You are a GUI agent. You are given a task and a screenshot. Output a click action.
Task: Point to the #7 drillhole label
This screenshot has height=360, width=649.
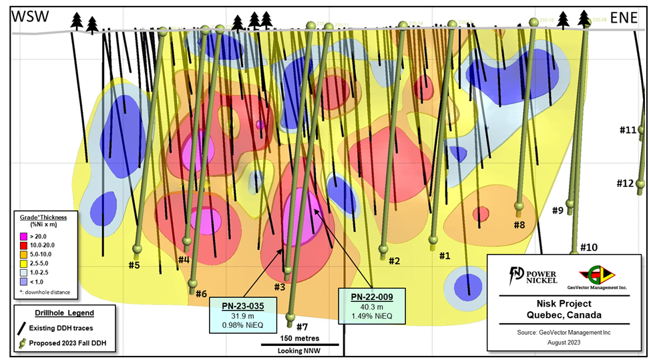coord(302,327)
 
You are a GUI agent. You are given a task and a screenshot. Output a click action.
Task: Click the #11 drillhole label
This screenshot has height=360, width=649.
coord(627,130)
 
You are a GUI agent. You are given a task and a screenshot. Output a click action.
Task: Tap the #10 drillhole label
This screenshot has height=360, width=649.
coord(588,248)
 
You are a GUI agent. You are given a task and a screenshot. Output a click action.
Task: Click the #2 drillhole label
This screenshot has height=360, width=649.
coord(394,260)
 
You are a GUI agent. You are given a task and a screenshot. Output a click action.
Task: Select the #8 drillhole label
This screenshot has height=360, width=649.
coord(519,225)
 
